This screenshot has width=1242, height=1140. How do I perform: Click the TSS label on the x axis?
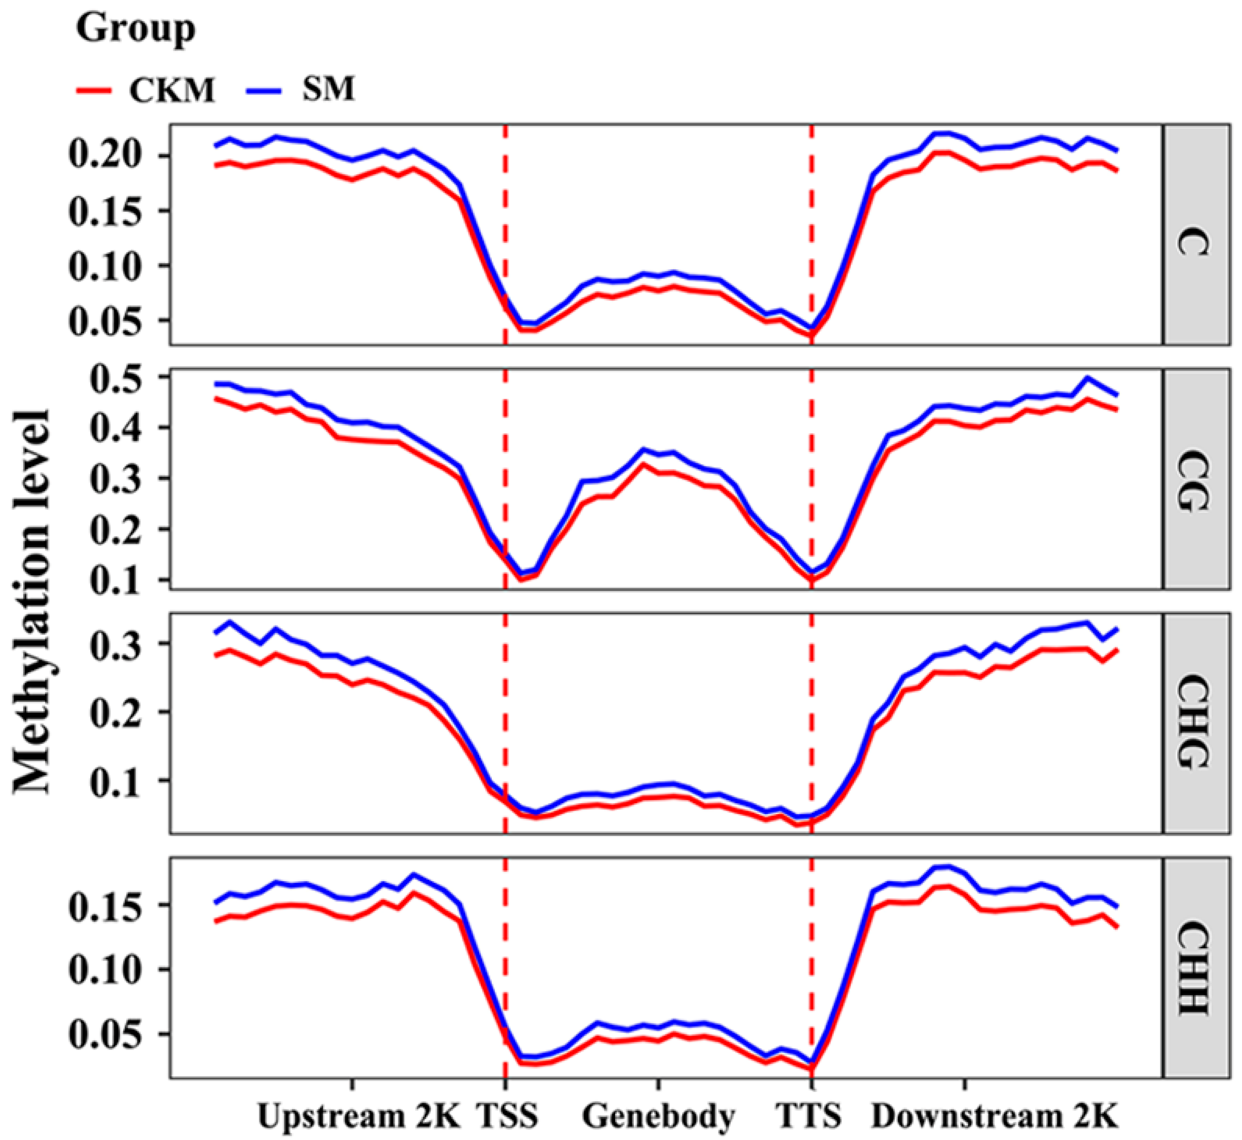507,1115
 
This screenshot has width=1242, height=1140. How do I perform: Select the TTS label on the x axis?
808,1115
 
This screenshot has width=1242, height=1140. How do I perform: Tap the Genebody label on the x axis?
659,1115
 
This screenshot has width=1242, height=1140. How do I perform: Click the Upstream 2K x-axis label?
359,1115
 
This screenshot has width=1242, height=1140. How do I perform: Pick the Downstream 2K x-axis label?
994,1115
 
